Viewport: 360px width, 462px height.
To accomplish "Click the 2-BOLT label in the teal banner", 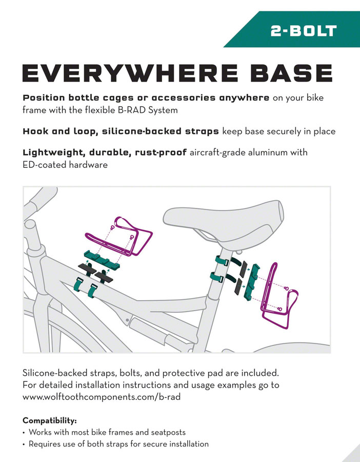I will click(x=304, y=30).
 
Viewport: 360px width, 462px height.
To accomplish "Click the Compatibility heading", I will click(x=49, y=420).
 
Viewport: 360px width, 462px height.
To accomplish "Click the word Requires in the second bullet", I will click(x=45, y=444).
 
